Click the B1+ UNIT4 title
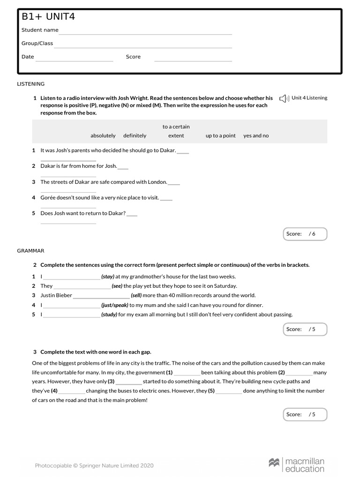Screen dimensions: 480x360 tap(48, 17)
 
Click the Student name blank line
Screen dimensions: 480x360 tap(145, 34)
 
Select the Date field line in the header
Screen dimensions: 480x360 tap(74, 60)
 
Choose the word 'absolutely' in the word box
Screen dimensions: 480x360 tap(103, 135)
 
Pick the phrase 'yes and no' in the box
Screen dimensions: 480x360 tap(256, 135)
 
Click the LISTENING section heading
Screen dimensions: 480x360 tap(31, 84)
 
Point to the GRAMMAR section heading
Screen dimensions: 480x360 tap(30, 251)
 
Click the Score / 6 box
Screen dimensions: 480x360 tap(305, 234)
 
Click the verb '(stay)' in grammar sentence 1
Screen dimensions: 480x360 tap(108, 277)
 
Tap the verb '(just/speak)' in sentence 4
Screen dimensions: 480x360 tap(115, 305)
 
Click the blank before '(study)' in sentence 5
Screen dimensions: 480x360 tap(71, 315)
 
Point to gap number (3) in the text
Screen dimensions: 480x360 tap(111, 382)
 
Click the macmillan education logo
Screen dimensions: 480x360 tap(296, 465)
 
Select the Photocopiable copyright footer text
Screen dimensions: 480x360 tap(94, 465)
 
